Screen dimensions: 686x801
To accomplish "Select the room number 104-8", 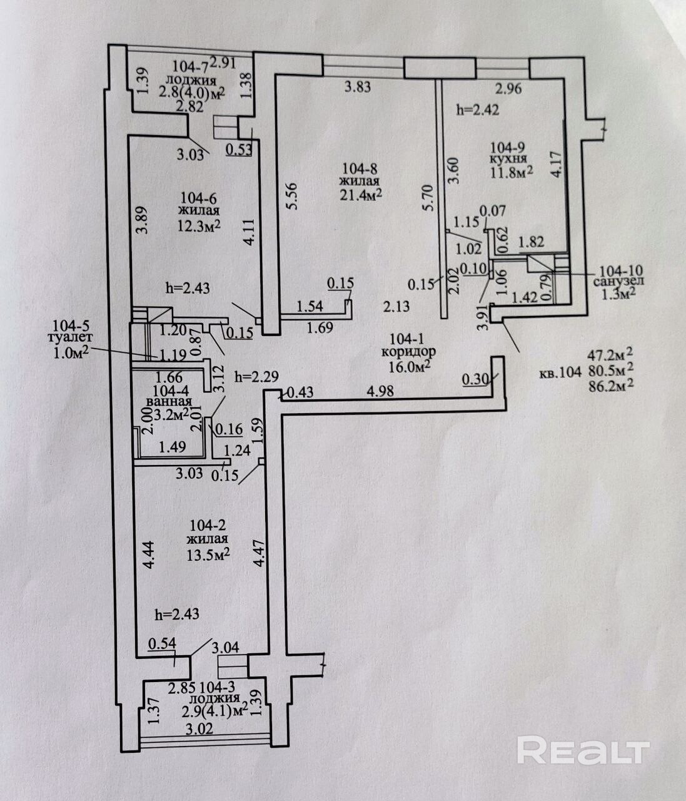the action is (360, 169).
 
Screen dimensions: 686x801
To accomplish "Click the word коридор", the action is (408, 352).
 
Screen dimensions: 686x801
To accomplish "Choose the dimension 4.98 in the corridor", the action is (380, 391).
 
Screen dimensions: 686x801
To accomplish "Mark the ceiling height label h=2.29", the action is (256, 377).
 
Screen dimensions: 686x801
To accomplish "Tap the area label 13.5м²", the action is (208, 555).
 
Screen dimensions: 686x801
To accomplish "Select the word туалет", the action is (71, 338).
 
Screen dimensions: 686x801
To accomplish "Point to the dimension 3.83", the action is (358, 87).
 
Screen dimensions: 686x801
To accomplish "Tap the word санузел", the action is (619, 282).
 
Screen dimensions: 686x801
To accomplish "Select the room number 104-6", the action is (199, 198).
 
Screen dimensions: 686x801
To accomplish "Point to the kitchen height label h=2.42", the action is (478, 110).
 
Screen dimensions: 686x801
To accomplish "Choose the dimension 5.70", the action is (428, 197).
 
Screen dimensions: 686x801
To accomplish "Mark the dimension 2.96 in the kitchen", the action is (509, 89).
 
